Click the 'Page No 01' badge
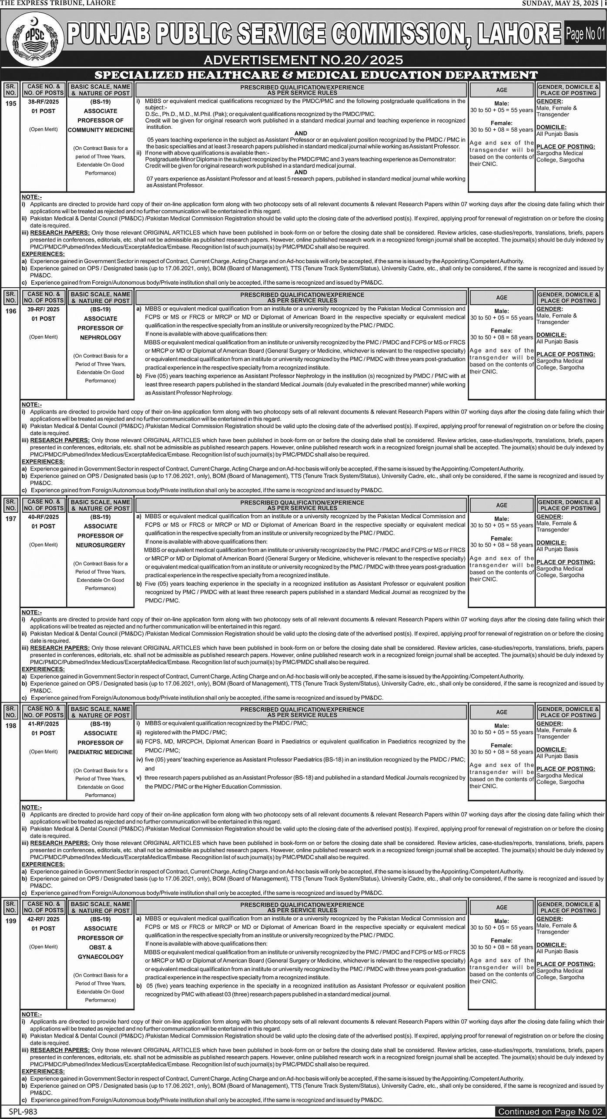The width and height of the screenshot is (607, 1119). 585,34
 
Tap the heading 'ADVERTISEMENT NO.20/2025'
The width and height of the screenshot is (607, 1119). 303,60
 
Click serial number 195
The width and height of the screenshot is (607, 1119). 11,104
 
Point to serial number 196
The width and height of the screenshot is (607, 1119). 11,311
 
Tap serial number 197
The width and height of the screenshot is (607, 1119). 11,519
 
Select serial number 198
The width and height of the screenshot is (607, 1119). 11,726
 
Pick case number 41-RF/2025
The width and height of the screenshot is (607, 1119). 44,723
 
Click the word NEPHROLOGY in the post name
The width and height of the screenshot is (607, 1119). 101,337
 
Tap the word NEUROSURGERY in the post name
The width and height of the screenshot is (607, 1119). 101,545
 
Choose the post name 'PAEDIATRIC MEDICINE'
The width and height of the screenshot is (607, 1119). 101,752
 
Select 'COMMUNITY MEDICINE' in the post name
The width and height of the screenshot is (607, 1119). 101,130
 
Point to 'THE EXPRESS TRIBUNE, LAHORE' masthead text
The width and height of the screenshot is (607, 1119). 58,3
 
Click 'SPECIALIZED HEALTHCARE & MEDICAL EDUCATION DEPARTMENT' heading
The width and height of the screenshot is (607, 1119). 316,75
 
